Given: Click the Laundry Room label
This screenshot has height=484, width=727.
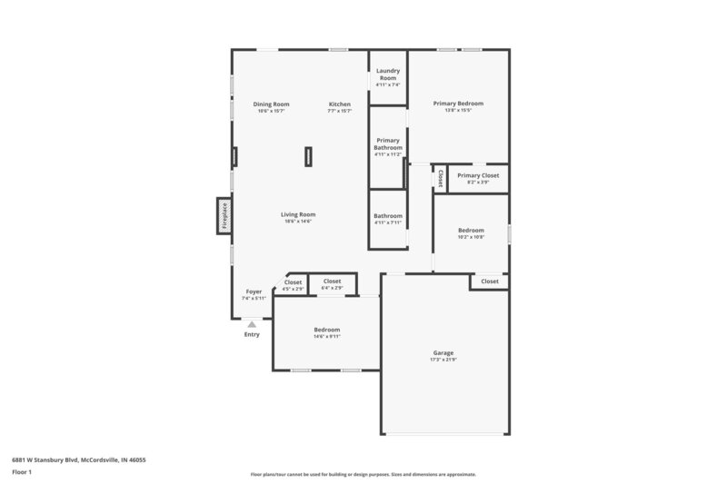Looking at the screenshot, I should click(388, 74).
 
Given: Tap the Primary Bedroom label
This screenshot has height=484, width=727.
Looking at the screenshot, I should click(458, 104).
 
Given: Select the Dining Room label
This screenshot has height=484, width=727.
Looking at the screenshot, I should click(271, 104).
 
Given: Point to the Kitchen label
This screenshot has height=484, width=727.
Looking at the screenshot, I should click(339, 104).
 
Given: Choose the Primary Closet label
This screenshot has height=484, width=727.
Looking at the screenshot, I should click(478, 175).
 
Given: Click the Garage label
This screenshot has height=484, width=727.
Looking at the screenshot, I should click(443, 352).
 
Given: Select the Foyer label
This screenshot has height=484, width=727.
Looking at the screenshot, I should click(254, 291).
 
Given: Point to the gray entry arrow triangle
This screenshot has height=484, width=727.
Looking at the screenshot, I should click(252, 323).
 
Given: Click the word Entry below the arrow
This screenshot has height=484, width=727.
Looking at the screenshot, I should click(252, 334).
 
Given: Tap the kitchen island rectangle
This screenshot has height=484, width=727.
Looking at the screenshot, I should click(308, 156).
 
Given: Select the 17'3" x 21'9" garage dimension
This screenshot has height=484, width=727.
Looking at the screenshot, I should click(443, 360).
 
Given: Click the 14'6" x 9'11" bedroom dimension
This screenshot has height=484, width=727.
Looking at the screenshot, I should click(327, 336).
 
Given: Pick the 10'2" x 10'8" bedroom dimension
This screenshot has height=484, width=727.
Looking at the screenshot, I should click(471, 237).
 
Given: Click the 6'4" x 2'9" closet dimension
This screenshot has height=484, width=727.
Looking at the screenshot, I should click(332, 288).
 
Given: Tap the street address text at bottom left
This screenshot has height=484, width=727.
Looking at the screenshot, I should click(78, 459).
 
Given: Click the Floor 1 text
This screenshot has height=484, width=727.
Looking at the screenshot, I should click(22, 473).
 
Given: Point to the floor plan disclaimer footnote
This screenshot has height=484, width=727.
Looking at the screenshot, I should click(363, 474).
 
